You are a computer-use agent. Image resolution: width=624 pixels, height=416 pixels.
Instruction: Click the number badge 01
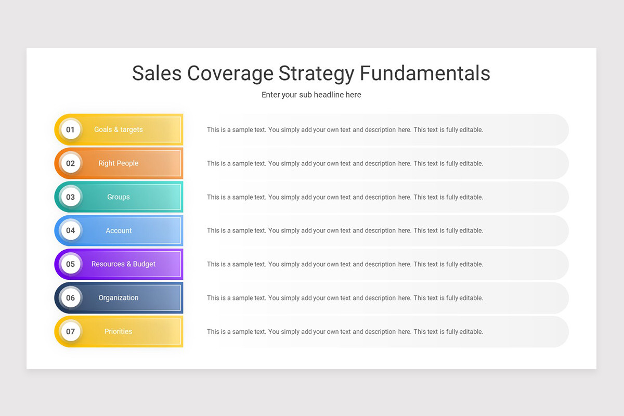(x=70, y=129)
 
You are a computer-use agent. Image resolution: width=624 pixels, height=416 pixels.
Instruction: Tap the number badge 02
(x=70, y=163)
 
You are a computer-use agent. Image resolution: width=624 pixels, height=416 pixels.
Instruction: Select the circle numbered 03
(x=70, y=197)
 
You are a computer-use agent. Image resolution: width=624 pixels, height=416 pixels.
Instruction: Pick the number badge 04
(x=70, y=230)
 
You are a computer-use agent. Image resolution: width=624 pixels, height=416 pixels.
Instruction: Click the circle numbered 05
(x=70, y=264)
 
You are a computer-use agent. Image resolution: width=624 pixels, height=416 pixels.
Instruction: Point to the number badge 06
(x=70, y=298)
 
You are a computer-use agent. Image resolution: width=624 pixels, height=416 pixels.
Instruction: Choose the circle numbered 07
(x=70, y=331)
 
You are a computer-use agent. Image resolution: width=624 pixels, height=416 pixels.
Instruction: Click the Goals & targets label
(x=118, y=129)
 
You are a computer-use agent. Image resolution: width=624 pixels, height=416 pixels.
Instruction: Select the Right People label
(x=118, y=163)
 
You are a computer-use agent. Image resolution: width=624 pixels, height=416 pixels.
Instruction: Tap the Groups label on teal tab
(x=118, y=197)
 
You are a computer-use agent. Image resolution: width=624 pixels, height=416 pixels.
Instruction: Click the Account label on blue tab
(x=119, y=230)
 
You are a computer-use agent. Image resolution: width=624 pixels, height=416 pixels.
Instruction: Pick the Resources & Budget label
(x=123, y=264)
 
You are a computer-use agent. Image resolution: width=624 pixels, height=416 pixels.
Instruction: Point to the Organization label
(x=118, y=298)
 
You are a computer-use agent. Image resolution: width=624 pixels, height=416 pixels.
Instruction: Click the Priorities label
(x=118, y=331)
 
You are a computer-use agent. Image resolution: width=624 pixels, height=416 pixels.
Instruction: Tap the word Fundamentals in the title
(x=425, y=73)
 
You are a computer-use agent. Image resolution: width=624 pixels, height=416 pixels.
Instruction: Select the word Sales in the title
(x=157, y=73)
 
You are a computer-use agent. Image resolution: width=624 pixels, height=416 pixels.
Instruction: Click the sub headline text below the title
(x=311, y=95)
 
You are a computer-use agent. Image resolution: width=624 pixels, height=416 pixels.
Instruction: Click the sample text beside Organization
(x=345, y=298)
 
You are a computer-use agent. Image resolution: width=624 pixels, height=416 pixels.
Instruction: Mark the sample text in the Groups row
(x=345, y=197)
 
